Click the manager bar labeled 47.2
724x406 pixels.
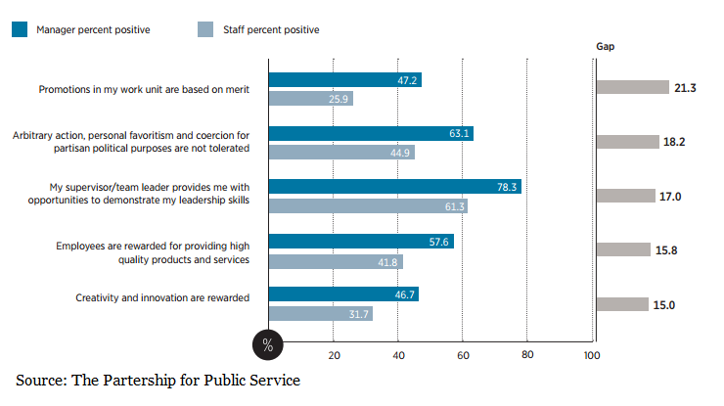[x=345, y=80]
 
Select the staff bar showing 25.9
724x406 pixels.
[x=311, y=99]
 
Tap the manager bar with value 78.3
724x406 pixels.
[x=395, y=187]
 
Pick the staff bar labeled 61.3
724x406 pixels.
[x=368, y=205]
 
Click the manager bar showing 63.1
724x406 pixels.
[x=371, y=134]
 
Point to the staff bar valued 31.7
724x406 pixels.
[x=321, y=313]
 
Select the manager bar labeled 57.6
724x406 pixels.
[x=362, y=241]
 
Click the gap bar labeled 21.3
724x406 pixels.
[x=631, y=87]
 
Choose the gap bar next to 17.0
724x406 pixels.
[x=625, y=196]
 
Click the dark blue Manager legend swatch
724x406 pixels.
[x=20, y=30]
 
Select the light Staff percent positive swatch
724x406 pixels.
[x=205, y=30]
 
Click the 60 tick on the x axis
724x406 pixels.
[x=462, y=355]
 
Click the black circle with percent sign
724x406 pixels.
[x=269, y=344]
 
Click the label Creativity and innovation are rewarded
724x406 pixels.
[x=162, y=297]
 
